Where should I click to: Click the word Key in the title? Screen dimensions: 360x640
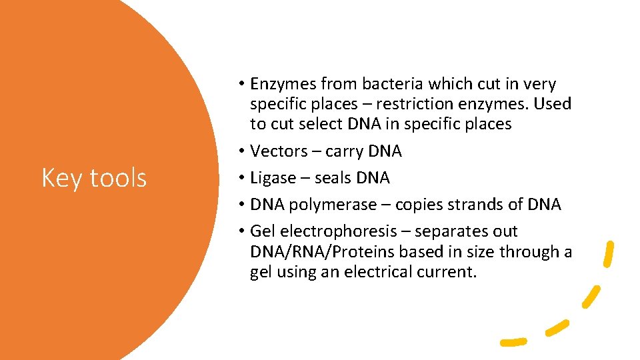(61, 178)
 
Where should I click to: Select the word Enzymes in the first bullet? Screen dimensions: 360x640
(283, 84)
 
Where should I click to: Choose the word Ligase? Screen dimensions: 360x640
(273, 178)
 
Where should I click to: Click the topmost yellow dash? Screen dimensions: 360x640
(608, 254)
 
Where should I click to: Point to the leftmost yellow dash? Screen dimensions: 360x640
(514, 342)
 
